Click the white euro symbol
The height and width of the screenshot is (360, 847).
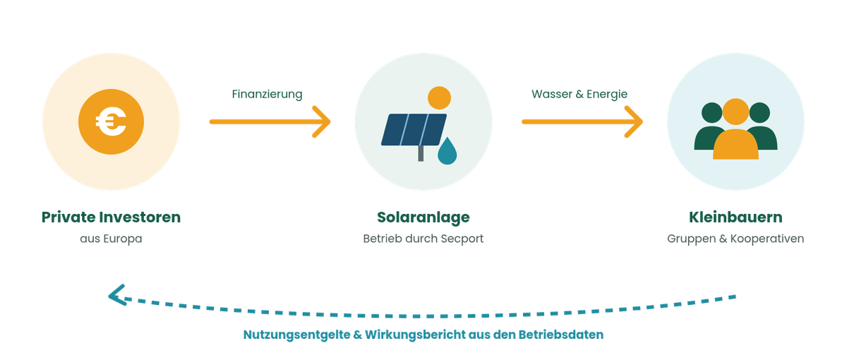(x=111, y=121)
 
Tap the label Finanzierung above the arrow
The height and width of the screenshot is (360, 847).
(x=267, y=94)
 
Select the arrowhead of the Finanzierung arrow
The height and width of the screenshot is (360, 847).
(x=321, y=121)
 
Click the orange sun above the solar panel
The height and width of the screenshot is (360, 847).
(x=439, y=97)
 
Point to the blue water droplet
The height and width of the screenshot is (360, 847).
(x=447, y=151)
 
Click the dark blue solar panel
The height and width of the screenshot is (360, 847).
(x=414, y=129)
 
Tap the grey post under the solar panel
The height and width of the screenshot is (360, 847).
(x=421, y=154)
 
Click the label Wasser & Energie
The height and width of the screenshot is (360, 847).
(x=579, y=94)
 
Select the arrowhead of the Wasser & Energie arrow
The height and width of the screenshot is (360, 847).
(x=634, y=121)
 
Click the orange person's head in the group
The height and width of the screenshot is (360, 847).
(x=735, y=112)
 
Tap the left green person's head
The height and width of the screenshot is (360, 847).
(x=711, y=113)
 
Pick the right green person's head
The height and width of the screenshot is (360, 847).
(x=759, y=113)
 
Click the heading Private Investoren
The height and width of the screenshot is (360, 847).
(x=111, y=217)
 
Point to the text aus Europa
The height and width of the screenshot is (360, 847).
(x=111, y=239)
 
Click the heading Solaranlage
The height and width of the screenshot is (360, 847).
(x=423, y=217)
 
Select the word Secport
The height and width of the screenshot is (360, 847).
(x=462, y=239)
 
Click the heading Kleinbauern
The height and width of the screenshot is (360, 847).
(x=735, y=217)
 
